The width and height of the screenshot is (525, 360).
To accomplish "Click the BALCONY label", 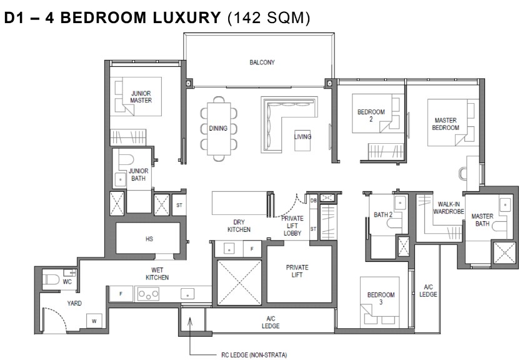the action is click(x=262, y=62).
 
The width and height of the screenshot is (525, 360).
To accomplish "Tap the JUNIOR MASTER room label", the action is click(x=141, y=97).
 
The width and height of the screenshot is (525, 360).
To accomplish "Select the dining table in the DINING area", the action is click(x=219, y=128).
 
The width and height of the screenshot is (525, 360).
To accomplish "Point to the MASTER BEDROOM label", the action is click(x=445, y=124).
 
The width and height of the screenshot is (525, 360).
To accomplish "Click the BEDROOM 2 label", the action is click(x=371, y=115).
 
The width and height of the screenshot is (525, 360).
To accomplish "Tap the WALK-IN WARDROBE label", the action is click(x=448, y=208).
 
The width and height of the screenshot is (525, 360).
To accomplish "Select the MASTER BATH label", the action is click(x=482, y=219).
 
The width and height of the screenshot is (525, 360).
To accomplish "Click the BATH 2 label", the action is click(x=383, y=214).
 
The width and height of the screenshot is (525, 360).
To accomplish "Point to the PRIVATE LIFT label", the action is click(x=297, y=271).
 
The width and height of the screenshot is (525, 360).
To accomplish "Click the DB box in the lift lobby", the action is click(x=313, y=201).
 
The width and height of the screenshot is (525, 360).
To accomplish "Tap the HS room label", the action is click(x=149, y=239).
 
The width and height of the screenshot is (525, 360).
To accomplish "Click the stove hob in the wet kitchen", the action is click(x=149, y=294).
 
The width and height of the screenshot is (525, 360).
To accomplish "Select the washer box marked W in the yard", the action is click(x=94, y=321).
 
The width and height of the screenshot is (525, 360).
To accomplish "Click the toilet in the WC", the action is click(x=51, y=279).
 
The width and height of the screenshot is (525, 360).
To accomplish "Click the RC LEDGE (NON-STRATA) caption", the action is click(x=254, y=354).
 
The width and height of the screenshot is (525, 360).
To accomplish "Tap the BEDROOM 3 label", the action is click(x=381, y=298).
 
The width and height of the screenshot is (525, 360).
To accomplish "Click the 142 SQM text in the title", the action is click(x=269, y=17).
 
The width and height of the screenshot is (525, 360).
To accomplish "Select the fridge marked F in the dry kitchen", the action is click(x=252, y=249).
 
